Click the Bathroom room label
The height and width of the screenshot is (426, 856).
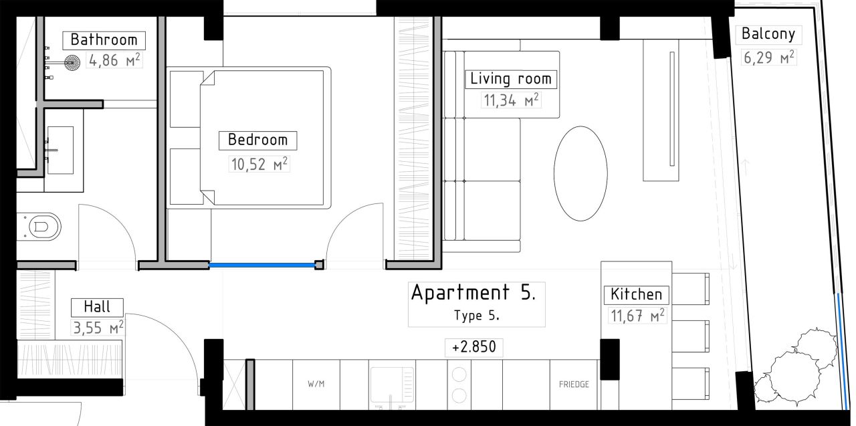click(x=104, y=39)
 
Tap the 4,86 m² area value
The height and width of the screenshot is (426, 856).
click(x=114, y=62)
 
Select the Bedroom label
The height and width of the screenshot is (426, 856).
click(x=257, y=140)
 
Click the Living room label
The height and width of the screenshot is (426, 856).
click(x=511, y=78)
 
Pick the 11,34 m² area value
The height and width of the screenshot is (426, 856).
click(x=511, y=101)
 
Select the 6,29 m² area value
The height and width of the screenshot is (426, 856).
click(x=768, y=57)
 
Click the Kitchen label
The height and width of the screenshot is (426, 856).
click(x=636, y=294)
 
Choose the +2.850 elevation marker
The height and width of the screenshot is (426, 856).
click(x=473, y=348)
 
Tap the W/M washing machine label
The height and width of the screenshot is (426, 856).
click(x=316, y=385)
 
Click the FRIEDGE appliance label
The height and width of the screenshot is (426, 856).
click(x=574, y=385)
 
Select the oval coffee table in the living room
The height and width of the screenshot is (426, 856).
click(x=580, y=173)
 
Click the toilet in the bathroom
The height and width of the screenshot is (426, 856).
click(x=40, y=227)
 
